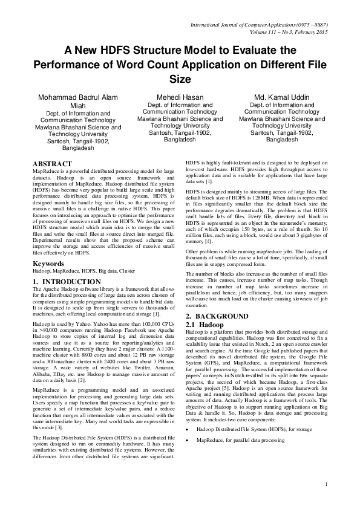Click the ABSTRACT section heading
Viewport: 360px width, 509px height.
coord(53,164)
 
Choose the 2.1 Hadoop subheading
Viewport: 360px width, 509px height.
coord(206,325)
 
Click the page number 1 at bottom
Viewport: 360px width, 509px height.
coord(326,501)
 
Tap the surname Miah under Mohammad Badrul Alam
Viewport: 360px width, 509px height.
coord(79,105)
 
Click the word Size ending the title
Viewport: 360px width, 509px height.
coord(180,79)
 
